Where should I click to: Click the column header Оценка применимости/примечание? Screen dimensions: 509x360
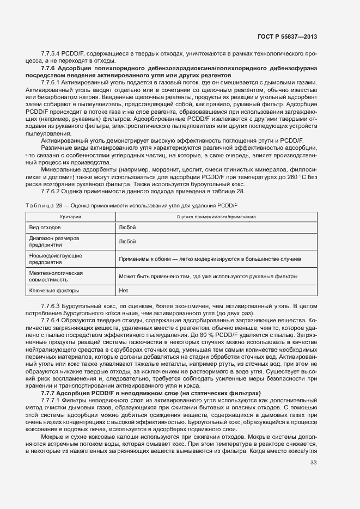click(x=216, y=217)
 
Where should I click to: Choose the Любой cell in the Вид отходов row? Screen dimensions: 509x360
click(x=127, y=227)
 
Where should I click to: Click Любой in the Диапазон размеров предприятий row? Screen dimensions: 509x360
click(x=127, y=241)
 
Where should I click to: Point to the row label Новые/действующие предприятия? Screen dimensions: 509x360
click(x=56, y=259)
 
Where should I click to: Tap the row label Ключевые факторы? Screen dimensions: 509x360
click(x=54, y=290)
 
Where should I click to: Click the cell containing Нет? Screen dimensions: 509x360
click(x=123, y=290)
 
